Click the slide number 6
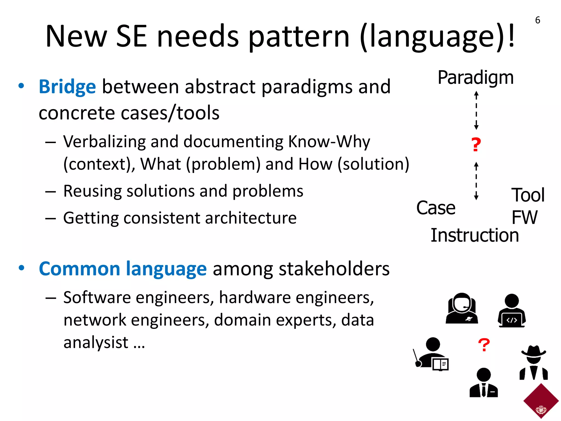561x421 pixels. coord(537,20)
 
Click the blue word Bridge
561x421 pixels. coord(67,87)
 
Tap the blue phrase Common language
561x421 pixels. coord(122,269)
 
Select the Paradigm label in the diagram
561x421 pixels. coord(476,78)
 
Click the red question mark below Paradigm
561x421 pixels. coord(476,144)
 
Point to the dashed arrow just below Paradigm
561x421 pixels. coord(476,110)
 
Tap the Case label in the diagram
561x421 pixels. coord(436,208)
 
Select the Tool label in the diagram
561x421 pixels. coord(528,195)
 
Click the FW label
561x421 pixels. coord(524,217)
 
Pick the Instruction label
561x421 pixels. coord(475,235)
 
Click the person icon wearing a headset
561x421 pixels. coord(462,308)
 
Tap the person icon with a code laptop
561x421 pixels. coord(511,311)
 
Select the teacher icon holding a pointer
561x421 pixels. coord(431,354)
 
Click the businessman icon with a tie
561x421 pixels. coord(483,383)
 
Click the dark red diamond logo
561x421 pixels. coord(541,401)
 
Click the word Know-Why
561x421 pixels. coord(329,142)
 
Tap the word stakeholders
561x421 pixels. coord(334,269)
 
